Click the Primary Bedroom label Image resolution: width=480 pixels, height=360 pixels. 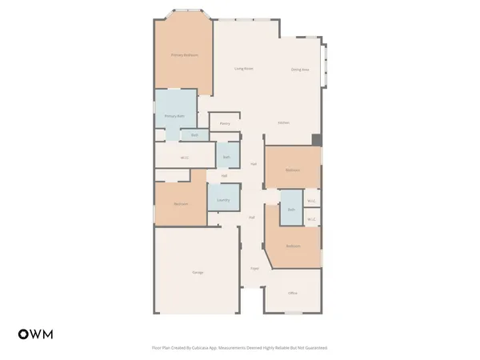[x=184, y=55]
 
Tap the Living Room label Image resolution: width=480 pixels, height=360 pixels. [x=244, y=69]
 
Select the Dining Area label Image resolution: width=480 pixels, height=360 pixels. [x=300, y=70]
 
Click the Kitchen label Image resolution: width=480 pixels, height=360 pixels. [x=283, y=122]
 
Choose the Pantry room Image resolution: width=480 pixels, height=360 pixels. [x=225, y=123]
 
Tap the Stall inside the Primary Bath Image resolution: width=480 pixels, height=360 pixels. [x=194, y=135]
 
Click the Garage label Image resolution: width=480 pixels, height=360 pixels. [x=197, y=273]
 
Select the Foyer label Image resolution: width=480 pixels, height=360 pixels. [x=254, y=269]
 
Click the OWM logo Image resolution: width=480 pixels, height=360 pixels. [x=35, y=334]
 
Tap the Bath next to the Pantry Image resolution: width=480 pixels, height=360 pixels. [x=227, y=156]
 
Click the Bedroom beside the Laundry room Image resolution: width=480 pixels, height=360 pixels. [x=181, y=204]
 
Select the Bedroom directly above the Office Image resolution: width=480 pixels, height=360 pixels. [x=294, y=246]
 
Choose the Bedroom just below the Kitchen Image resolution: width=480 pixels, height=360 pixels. [x=293, y=170]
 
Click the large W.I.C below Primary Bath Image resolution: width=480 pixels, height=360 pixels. [x=185, y=157]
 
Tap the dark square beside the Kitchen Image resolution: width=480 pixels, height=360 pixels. [x=317, y=140]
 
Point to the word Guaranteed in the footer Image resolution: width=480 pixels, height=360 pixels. [x=312, y=348]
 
